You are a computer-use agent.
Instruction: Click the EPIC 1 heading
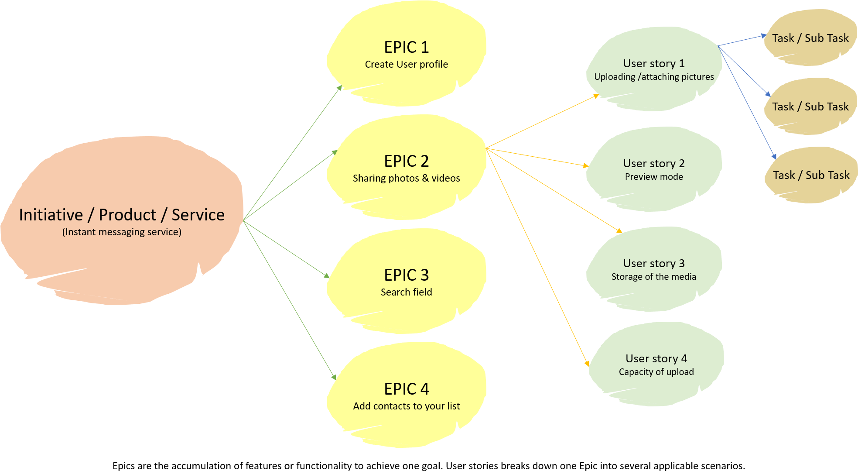pyautogui.click(x=406, y=47)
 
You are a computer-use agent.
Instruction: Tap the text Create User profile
pyautogui.click(x=406, y=65)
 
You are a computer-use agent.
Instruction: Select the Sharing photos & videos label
pyautogui.click(x=406, y=178)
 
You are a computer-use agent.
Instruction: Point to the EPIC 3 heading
pyautogui.click(x=406, y=275)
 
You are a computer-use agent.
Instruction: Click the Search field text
pyautogui.click(x=406, y=292)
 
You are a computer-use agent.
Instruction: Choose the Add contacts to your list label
pyautogui.click(x=406, y=406)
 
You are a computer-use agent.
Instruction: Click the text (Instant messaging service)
pyautogui.click(x=122, y=232)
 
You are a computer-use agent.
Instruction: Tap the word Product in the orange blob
pyautogui.click(x=127, y=215)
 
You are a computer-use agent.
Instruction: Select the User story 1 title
pyautogui.click(x=654, y=64)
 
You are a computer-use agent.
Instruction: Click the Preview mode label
pyautogui.click(x=654, y=177)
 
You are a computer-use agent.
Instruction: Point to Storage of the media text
pyautogui.click(x=654, y=277)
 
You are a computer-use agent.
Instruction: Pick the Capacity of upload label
pyautogui.click(x=656, y=372)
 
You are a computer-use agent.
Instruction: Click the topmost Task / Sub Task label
pyautogui.click(x=810, y=38)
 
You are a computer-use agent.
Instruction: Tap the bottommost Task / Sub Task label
pyautogui.click(x=811, y=175)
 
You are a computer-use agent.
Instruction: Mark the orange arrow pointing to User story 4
pyautogui.click(x=537, y=257)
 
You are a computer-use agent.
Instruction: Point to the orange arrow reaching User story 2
pyautogui.click(x=537, y=157)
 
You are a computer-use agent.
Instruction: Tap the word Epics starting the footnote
pyautogui.click(x=124, y=466)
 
